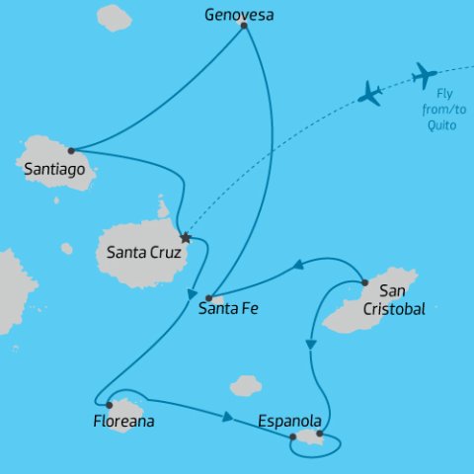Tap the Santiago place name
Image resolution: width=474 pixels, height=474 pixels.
click(59, 170)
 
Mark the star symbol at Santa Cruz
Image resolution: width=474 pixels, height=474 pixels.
click(186, 238)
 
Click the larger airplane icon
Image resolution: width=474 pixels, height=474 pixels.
click(425, 74)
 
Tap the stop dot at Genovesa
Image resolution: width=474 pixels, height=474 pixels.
click(243, 26)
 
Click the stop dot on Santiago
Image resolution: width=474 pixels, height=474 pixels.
click(71, 151)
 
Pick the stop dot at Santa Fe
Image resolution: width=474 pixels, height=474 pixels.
click(209, 297)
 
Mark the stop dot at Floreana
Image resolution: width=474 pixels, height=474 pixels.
click(111, 404)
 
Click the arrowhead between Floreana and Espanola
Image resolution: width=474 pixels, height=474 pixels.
click(227, 417)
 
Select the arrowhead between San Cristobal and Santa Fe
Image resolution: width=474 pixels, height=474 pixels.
click(296, 266)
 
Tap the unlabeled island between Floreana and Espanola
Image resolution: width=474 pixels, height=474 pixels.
click(246, 384)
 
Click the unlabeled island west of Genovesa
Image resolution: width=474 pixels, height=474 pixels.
click(114, 17)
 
